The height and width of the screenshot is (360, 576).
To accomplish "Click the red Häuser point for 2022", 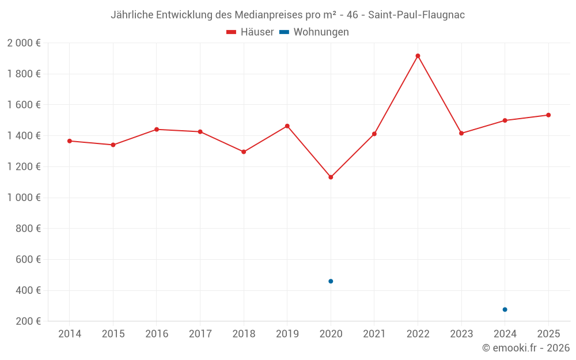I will tap(418, 56).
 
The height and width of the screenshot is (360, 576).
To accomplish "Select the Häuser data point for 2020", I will tap(331, 177).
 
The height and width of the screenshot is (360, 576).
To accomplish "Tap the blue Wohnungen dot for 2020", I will tap(331, 281).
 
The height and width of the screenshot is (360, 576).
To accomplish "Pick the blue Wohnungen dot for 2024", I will tap(505, 309).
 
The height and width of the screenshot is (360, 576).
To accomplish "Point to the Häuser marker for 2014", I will tap(70, 141).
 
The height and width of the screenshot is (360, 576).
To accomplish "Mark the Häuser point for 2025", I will tap(548, 115).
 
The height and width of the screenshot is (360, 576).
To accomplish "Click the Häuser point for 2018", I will tap(244, 152).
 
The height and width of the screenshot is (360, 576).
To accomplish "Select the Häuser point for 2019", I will tap(287, 126).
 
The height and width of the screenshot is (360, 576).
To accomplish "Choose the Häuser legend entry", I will tap(250, 32).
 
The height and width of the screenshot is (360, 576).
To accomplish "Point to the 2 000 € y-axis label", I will tap(24, 43).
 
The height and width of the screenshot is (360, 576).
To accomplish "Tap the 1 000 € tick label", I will tap(24, 198).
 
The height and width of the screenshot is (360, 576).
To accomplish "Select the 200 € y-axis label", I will tap(28, 321).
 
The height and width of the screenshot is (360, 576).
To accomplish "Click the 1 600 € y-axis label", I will tap(24, 105).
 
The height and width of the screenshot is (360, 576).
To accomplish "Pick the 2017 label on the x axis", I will tap(200, 334).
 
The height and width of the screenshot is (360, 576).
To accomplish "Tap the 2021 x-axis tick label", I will tap(374, 334).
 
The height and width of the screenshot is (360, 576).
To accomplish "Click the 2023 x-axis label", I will tap(461, 334).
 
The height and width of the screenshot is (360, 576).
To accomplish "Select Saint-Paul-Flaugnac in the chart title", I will tap(416, 15).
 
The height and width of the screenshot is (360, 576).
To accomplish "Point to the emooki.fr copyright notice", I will tap(525, 348).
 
